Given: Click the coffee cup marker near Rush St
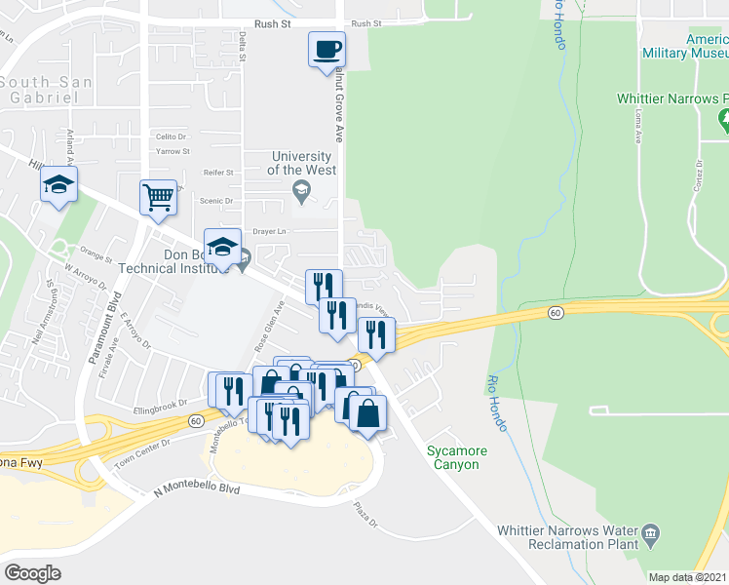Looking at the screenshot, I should [x=326, y=49].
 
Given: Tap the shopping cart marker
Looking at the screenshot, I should [x=158, y=197].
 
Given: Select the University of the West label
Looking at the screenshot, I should [x=303, y=163].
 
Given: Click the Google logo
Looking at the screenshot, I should [x=32, y=573].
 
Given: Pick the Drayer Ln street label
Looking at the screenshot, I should [x=269, y=231].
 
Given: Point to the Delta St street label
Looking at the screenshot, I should [x=242, y=43].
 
